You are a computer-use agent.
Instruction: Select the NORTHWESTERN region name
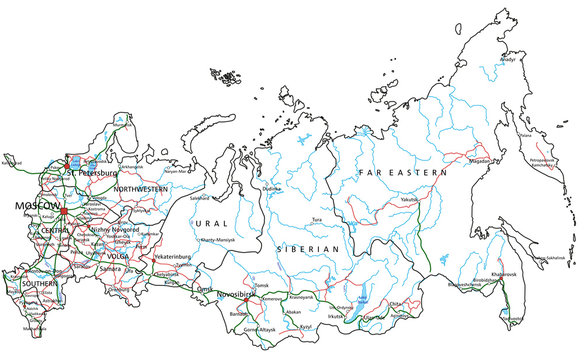point(139,188)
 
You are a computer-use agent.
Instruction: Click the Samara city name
point(112,269)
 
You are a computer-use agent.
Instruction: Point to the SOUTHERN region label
point(40,284)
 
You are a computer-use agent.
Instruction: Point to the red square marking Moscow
point(62,212)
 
